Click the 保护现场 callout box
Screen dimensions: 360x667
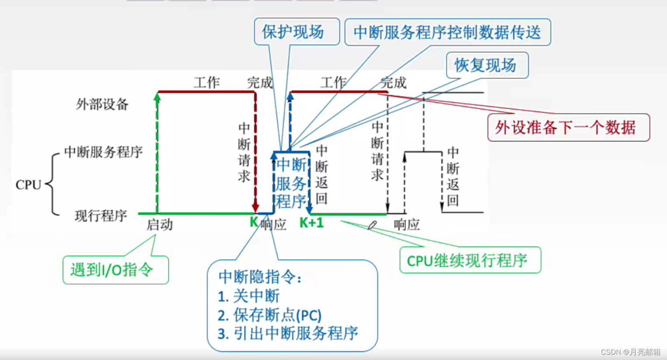pos(297,31)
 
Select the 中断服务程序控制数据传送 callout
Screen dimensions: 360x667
pos(447,32)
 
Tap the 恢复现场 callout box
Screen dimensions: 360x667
pos(486,66)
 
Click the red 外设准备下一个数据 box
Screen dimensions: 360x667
pos(568,128)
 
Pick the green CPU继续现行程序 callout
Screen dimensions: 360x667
pos(470,260)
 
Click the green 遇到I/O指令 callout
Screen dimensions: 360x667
pos(115,270)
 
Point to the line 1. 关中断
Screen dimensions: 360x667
pos(249,296)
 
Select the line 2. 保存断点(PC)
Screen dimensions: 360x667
pos(270,315)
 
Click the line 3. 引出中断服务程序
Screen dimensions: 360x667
pos(288,333)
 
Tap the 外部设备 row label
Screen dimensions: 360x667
pos(102,104)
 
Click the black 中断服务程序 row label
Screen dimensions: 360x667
pos(104,152)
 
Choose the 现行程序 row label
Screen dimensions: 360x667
pos(101,215)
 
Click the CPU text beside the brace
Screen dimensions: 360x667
pos(28,185)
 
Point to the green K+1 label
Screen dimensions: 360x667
pos(312,223)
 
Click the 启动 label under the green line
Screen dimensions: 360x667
pos(160,225)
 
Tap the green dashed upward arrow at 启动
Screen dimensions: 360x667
pos(157,153)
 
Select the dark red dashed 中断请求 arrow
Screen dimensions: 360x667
pos(256,153)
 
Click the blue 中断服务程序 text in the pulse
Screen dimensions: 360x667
pos(292,183)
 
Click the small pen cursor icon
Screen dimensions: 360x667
pos(372,225)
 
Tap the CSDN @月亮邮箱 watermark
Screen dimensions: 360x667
pos(630,352)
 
